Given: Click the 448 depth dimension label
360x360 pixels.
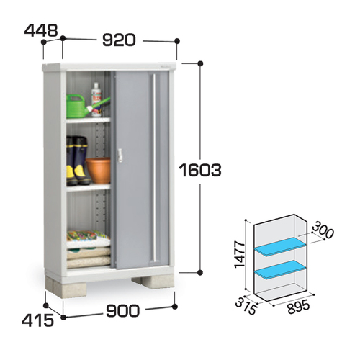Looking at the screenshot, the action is coord(41,30).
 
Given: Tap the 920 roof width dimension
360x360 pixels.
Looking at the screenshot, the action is coord(119,40).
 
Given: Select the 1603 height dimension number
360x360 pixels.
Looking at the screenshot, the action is coord(201,170).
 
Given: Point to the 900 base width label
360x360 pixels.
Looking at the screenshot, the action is coord(122,310).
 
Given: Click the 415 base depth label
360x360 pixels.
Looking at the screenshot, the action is coord(37,320).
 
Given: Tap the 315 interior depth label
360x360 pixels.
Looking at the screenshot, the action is coord(246,307).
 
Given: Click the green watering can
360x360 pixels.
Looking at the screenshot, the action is coord(81,106).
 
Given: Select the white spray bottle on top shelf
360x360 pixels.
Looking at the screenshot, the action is coord(96,99).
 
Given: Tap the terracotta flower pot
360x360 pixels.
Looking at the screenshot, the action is coord(98,170).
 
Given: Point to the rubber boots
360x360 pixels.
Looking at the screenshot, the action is coord(77,161).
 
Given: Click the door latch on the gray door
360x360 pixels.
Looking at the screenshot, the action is coord(120,155).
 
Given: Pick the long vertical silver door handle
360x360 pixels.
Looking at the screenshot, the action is coord(155,168).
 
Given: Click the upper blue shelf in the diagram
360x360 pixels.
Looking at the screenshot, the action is coord(281,247).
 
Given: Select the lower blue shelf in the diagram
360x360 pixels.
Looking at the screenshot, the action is coord(281,270).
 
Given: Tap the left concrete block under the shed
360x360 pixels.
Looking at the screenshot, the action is coord(66,287).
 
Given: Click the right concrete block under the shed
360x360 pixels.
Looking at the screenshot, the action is coord(153,282).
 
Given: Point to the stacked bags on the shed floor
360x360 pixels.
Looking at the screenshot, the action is coord(89,249).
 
